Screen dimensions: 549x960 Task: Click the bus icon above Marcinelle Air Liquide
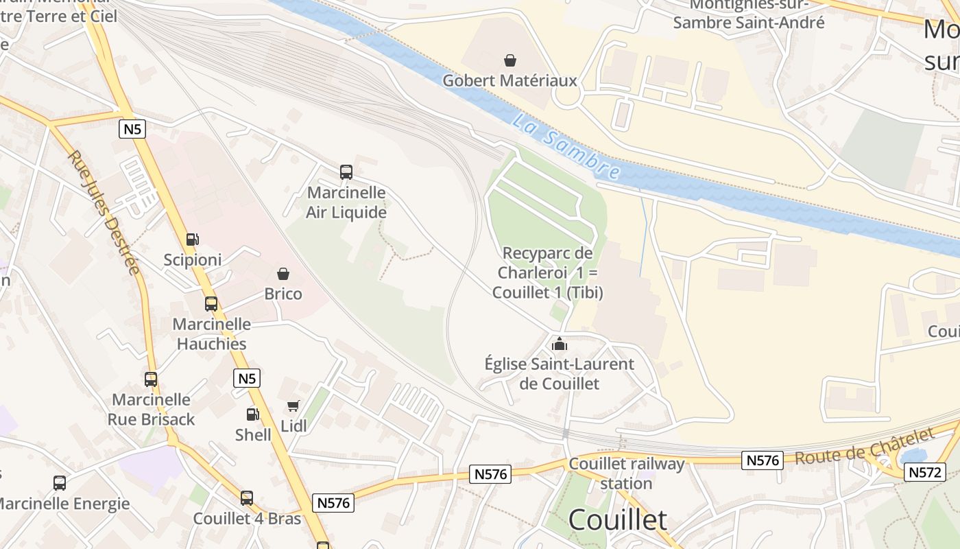[x=346, y=172]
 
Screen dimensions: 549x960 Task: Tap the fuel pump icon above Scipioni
[x=193, y=240]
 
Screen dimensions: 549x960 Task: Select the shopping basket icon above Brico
[x=283, y=274]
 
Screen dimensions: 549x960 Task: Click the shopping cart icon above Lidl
[x=293, y=406]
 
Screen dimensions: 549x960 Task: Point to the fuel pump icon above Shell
[x=252, y=414]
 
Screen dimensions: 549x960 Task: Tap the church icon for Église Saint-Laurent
[x=560, y=344]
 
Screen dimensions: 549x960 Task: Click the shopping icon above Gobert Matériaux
[x=509, y=60]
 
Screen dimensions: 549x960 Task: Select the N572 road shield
[x=925, y=472]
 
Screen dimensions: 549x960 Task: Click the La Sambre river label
[x=566, y=148]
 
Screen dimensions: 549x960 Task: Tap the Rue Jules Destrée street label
[x=104, y=212]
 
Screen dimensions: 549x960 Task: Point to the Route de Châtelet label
[x=865, y=447]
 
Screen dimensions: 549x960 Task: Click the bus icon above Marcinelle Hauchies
[x=211, y=304]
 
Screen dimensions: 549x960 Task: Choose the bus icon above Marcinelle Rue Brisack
[x=151, y=379]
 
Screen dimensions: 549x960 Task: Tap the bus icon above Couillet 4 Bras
[x=247, y=498]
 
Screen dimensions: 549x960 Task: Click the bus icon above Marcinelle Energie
[x=60, y=483]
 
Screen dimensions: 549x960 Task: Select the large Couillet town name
[x=617, y=520]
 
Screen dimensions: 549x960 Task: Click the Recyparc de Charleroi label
[x=547, y=272]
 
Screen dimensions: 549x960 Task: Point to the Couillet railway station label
[x=626, y=474]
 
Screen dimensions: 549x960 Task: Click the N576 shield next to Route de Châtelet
[x=763, y=460]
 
